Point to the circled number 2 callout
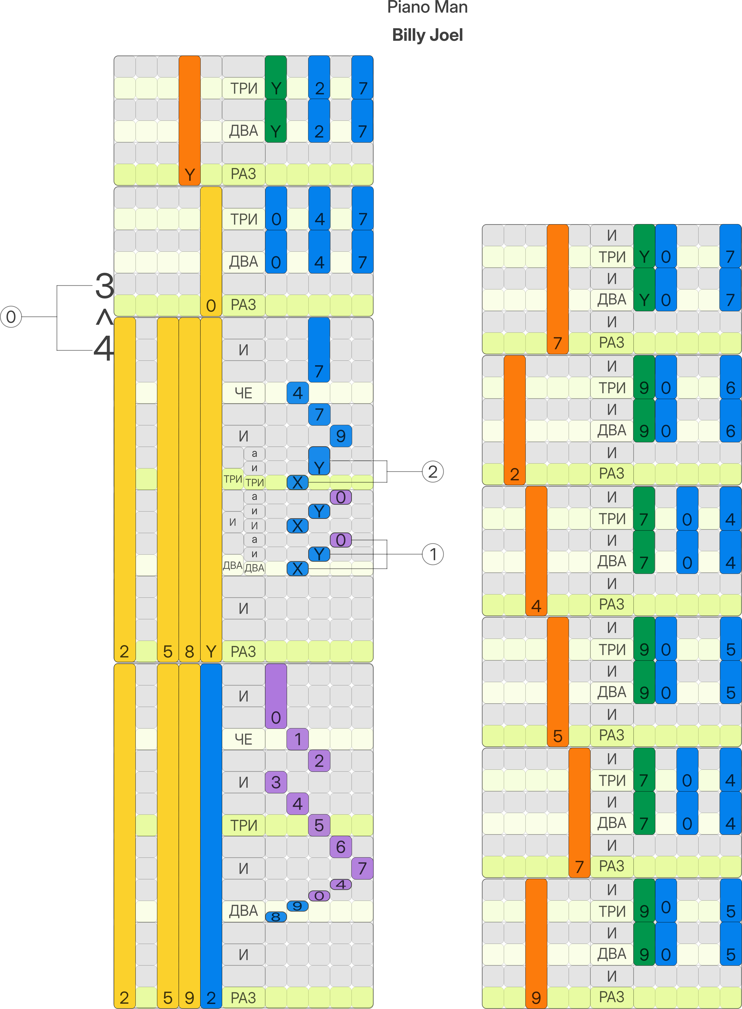coord(433,472)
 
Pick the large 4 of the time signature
coord(104,349)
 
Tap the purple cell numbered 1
coord(297,739)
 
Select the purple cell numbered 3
coord(276,782)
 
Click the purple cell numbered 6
coord(340,847)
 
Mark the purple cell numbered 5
coord(319,825)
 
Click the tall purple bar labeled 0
coord(276,696)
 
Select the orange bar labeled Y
coord(190,120)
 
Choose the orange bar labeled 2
coord(515,420)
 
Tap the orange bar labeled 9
coord(536,943)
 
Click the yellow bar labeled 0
coord(211,251)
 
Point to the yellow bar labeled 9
coord(190,836)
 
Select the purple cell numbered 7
coord(362,868)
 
